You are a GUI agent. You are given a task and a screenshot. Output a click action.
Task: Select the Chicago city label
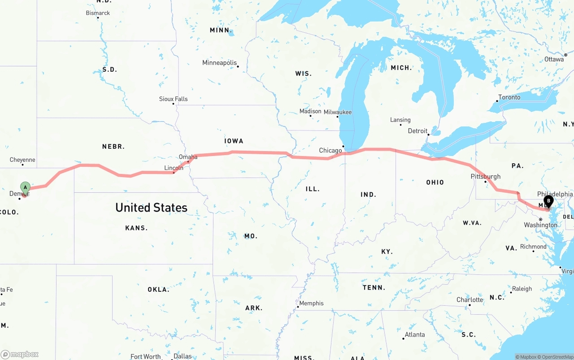tap(330, 151)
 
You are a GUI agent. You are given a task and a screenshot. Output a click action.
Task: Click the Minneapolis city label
tap(219, 63)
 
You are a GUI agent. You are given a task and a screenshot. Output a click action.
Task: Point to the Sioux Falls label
tap(173, 99)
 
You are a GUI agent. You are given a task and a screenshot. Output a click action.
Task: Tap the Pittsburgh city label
tap(485, 177)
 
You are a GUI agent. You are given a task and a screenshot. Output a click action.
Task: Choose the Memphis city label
tap(311, 304)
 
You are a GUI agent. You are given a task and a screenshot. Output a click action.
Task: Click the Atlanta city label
tap(415, 334)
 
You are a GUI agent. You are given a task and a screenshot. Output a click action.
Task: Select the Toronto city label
tap(509, 97)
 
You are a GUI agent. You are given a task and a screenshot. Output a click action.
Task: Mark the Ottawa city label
tap(554, 59)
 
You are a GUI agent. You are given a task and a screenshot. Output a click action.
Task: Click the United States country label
tap(151, 208)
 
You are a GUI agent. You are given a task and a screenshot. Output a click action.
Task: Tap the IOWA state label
tap(234, 141)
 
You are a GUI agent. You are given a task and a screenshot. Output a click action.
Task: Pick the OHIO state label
tap(435, 182)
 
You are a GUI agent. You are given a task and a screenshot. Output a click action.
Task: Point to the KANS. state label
tap(136, 228)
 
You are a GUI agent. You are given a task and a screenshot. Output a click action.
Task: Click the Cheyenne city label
tap(22, 160)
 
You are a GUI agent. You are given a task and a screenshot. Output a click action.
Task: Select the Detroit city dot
tap(429, 134)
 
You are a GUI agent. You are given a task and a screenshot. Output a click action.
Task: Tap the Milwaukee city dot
tap(338, 117)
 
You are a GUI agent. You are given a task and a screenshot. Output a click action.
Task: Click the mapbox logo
tap(20, 354)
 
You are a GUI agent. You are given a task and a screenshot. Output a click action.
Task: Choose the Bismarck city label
tap(98, 13)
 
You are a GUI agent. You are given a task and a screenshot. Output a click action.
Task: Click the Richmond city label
tap(533, 247)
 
